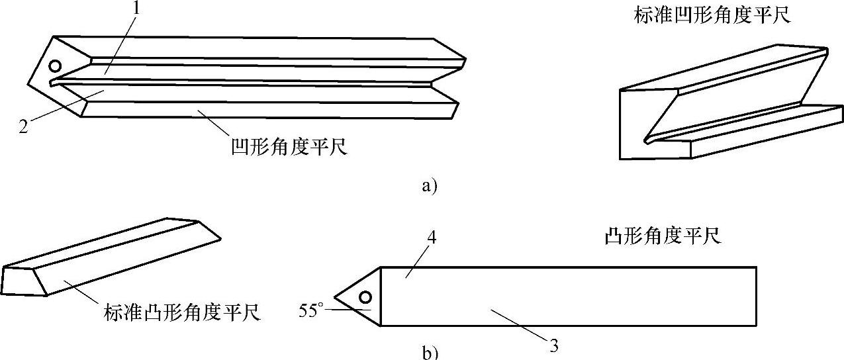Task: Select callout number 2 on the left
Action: click(x=23, y=125)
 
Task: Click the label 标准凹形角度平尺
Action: click(x=712, y=15)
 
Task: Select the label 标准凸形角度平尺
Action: click(x=182, y=311)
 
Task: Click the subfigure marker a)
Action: click(x=429, y=185)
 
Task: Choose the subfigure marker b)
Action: click(x=429, y=352)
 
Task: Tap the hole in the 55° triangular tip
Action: click(x=365, y=296)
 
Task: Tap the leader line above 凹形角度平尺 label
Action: click(x=218, y=124)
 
